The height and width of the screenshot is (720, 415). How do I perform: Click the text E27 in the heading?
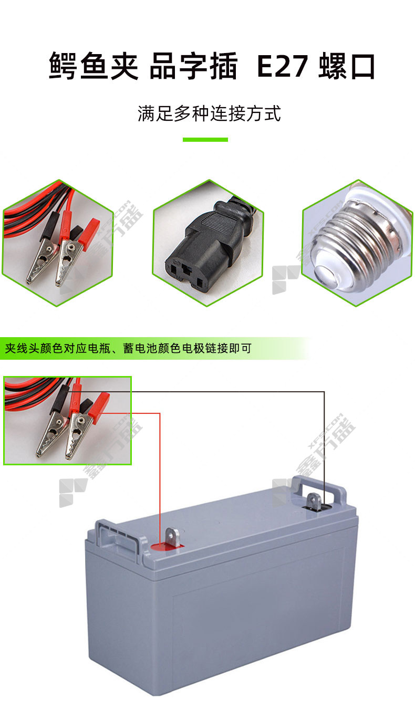282,66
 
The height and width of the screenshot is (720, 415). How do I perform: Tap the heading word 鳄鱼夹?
94,66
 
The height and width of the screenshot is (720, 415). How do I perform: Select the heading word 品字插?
193,66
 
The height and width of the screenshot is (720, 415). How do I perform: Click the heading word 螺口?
347,66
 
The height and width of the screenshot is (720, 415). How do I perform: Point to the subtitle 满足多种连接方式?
209,113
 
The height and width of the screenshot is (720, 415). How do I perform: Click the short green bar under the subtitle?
205,140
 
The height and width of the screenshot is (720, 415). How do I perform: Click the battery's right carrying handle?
323,488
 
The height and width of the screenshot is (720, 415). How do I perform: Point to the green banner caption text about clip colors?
128,348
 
